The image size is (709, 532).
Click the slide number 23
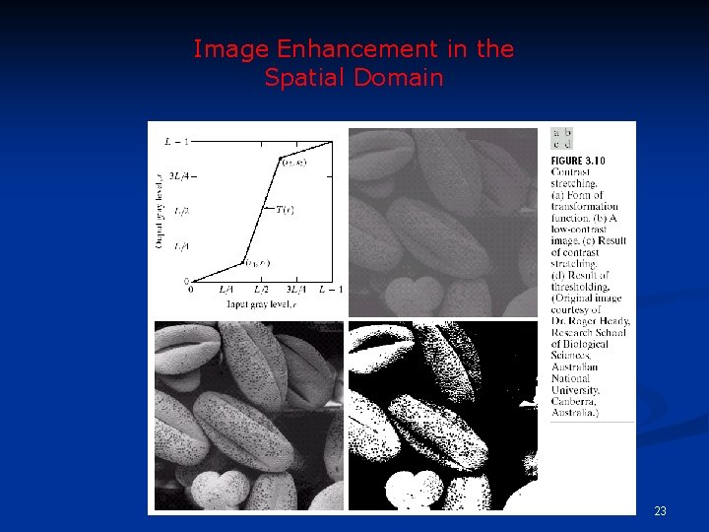click(x=660, y=510)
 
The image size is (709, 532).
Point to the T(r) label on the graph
click(x=285, y=209)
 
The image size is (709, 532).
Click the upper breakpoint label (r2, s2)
click(x=293, y=162)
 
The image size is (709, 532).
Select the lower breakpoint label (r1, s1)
click(x=257, y=263)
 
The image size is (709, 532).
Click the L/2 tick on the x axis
click(x=260, y=290)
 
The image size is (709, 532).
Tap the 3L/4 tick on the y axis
click(x=181, y=177)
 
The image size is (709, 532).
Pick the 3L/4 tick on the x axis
click(x=296, y=290)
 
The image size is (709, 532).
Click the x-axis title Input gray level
click(x=261, y=305)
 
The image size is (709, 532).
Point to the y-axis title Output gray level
click(x=160, y=211)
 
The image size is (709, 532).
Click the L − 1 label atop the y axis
click(x=176, y=142)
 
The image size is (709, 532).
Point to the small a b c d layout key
click(x=562, y=138)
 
